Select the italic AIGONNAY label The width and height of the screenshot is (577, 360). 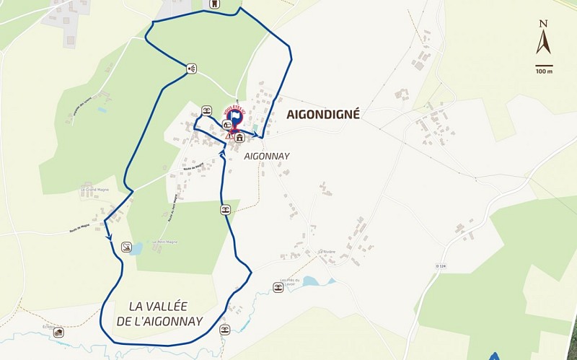point(267,156)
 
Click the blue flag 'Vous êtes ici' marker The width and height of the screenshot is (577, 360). point(234,115)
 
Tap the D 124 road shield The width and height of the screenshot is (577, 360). point(441,266)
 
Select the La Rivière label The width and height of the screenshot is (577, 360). point(327,252)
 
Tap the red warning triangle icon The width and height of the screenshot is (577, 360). point(229,135)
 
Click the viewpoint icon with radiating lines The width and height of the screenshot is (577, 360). point(191,69)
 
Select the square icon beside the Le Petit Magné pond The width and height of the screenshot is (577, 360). point(127,247)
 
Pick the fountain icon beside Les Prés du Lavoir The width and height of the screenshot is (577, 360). point(278,288)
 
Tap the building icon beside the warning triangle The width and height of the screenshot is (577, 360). point(239,137)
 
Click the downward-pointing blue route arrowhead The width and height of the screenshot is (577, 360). point(109,236)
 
